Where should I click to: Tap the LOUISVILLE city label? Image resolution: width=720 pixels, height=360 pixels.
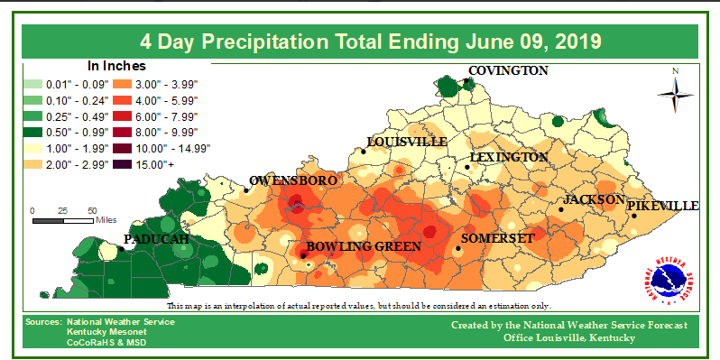[406, 142]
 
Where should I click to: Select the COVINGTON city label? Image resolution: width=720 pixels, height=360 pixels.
[507, 70]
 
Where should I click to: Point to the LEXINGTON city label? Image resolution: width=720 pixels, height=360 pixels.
[508, 158]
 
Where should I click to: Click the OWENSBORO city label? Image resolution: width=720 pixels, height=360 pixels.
[293, 180]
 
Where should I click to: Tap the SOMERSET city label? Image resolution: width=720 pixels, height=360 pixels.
[498, 238]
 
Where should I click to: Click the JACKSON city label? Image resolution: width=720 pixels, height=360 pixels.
[594, 199]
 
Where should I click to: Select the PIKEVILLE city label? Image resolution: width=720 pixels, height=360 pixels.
[662, 206]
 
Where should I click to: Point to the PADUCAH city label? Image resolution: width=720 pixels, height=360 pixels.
[155, 239]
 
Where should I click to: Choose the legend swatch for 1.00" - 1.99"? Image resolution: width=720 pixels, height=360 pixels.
[34, 148]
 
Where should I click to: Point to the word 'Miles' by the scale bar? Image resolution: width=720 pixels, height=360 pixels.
[106, 219]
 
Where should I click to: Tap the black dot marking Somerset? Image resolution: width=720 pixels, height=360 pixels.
[458, 248]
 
